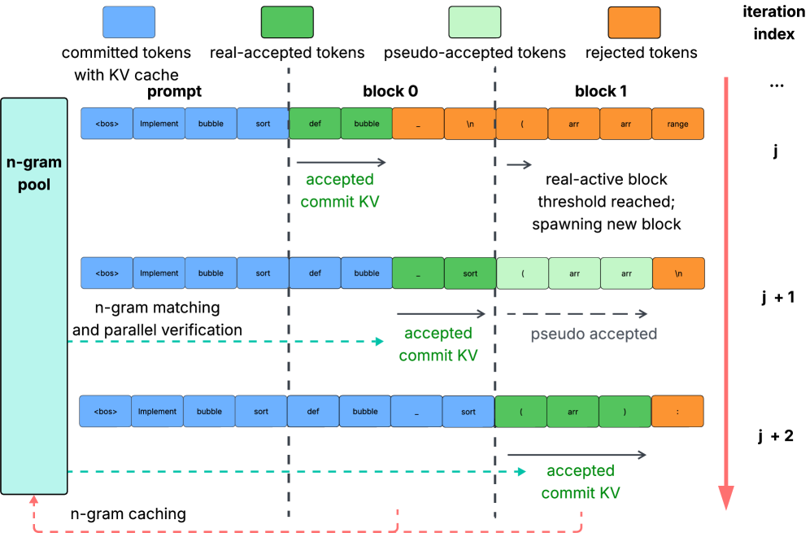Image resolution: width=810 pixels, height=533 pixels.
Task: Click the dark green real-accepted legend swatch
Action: (x=287, y=22)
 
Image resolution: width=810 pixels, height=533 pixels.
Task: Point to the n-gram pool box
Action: (x=34, y=296)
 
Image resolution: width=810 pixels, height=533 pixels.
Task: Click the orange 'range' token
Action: (x=677, y=124)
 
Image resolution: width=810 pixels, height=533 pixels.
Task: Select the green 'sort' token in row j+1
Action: (x=470, y=273)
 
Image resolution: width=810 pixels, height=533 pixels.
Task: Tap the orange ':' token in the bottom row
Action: (x=677, y=412)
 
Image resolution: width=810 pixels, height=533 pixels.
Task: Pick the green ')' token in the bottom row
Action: (x=625, y=412)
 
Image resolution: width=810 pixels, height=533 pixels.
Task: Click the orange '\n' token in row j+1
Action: (x=678, y=273)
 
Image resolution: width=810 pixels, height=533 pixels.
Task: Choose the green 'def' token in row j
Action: (x=314, y=124)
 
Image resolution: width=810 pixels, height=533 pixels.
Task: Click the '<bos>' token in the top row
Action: (x=107, y=124)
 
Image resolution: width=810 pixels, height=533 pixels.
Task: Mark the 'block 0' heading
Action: (x=390, y=91)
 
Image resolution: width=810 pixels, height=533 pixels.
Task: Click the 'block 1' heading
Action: (x=600, y=91)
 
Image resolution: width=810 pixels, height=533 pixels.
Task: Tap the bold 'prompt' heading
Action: (x=174, y=91)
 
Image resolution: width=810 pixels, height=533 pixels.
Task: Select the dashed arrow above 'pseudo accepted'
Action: (x=577, y=314)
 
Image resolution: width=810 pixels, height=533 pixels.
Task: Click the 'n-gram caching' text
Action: (x=128, y=514)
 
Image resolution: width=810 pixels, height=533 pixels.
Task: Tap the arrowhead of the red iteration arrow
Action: (x=725, y=497)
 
